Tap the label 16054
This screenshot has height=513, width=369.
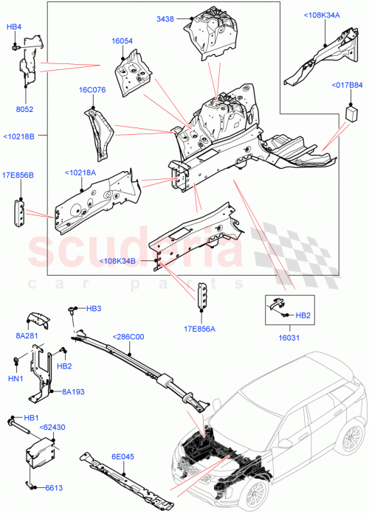[123, 41]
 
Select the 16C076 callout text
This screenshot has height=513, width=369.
[92, 91]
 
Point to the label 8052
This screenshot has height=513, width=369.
[26, 109]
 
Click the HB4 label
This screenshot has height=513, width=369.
[13, 27]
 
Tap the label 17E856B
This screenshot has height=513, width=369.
[17, 175]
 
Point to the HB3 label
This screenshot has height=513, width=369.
[94, 308]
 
